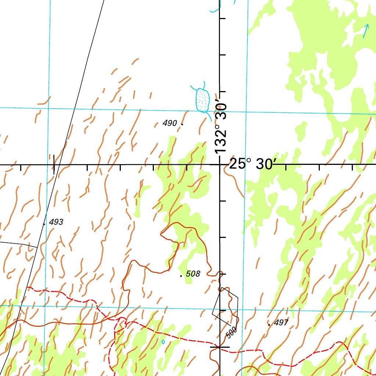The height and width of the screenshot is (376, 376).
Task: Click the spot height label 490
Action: click(x=170, y=123)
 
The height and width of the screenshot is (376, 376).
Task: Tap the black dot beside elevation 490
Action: click(x=182, y=124)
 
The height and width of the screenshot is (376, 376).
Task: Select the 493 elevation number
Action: click(x=56, y=222)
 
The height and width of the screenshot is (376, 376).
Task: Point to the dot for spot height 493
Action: click(x=44, y=223)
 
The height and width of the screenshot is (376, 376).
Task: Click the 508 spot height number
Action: click(x=193, y=274)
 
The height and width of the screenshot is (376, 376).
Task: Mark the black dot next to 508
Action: click(x=181, y=275)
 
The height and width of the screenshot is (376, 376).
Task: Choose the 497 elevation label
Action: click(x=281, y=323)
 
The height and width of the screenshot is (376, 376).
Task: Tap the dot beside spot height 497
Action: click(x=269, y=324)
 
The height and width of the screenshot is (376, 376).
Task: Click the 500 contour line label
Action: click(x=231, y=332)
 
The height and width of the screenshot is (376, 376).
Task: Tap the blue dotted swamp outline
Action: click(x=202, y=100)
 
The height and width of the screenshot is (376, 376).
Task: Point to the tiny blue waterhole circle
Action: click(x=163, y=342)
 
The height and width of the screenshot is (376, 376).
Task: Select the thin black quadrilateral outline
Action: click(x=225, y=307)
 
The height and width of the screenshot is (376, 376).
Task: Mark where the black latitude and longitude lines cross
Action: click(x=220, y=164)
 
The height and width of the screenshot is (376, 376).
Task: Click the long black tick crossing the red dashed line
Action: click(x=220, y=347)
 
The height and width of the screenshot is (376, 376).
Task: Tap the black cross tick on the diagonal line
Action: click(x=54, y=164)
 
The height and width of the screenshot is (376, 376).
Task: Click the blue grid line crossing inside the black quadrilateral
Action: click(x=225, y=309)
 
